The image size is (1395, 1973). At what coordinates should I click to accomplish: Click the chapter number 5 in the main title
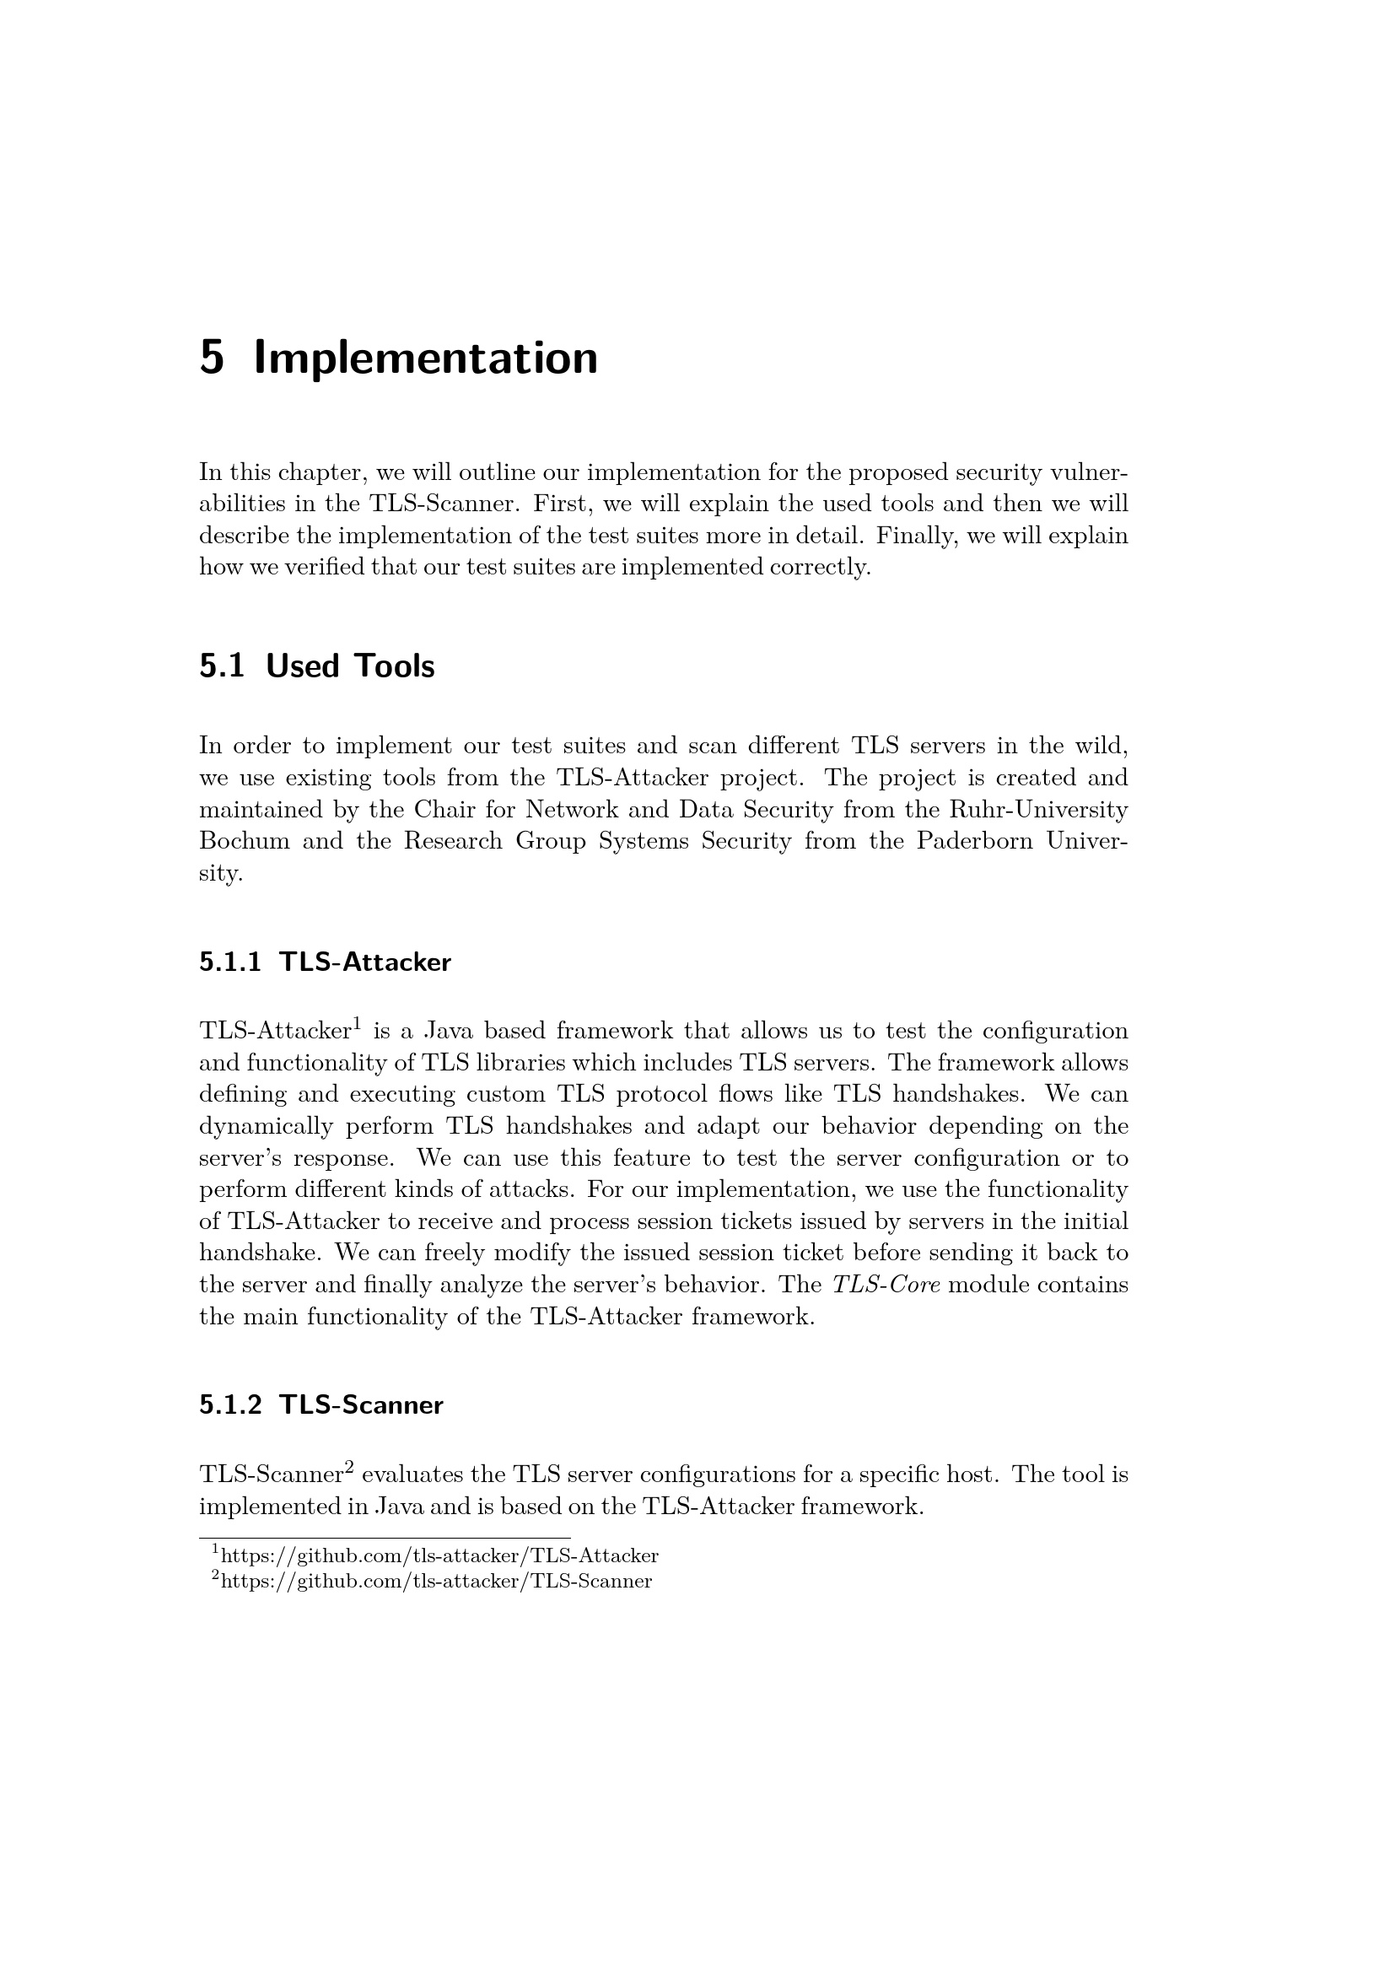pos(212,358)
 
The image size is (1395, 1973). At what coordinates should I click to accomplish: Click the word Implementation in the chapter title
pos(426,359)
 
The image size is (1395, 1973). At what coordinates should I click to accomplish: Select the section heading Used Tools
pos(350,666)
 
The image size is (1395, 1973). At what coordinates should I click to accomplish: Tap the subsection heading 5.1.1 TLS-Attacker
pos(325,962)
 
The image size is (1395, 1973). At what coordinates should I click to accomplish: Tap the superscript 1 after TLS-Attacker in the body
pos(357,1023)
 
